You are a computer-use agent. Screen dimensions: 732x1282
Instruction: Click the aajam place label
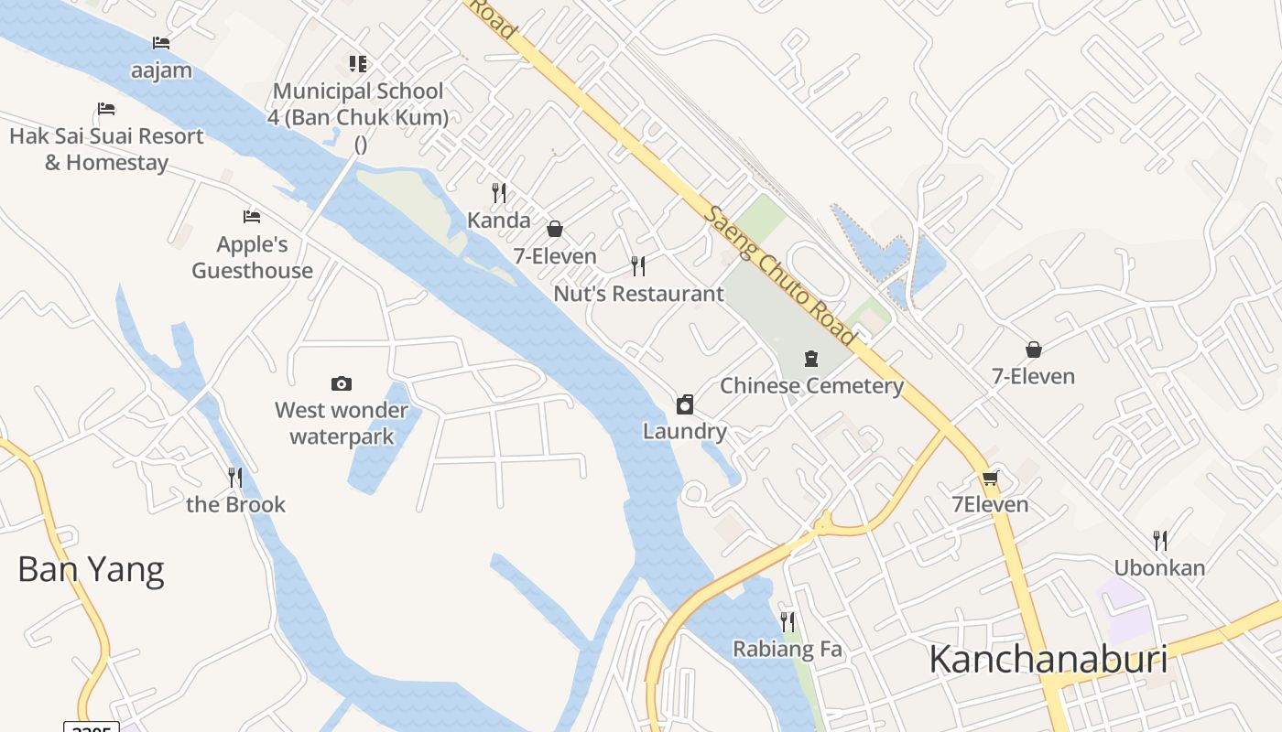(161, 70)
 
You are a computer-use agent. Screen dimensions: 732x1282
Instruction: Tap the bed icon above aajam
(161, 43)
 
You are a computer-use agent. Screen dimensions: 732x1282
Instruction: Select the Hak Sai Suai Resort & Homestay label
(106, 149)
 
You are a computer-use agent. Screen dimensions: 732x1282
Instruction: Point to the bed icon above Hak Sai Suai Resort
(106, 109)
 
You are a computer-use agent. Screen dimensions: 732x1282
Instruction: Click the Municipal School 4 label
(358, 104)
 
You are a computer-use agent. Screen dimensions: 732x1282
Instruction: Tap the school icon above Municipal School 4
(358, 63)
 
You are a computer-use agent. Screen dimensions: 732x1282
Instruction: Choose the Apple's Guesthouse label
(252, 257)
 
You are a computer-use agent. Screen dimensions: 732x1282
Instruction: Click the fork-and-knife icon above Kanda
(499, 192)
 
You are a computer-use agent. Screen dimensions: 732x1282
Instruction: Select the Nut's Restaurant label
(638, 294)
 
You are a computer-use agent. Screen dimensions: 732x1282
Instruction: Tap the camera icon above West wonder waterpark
(342, 383)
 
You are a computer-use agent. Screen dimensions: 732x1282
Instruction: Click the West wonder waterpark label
(342, 423)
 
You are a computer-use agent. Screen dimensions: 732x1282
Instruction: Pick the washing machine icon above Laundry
(685, 404)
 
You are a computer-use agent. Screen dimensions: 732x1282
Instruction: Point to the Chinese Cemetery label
(811, 385)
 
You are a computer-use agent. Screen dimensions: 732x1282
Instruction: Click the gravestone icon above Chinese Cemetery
(811, 358)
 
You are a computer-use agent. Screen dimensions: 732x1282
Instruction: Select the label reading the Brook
(236, 504)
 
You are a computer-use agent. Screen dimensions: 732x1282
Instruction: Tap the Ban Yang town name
(91, 569)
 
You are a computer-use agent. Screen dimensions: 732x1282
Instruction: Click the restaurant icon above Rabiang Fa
(788, 622)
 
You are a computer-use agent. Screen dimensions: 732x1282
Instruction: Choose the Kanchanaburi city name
(1048, 659)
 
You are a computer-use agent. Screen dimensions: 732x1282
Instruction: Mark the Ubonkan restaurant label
(1159, 567)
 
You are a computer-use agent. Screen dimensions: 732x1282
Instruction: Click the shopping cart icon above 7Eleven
(990, 478)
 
